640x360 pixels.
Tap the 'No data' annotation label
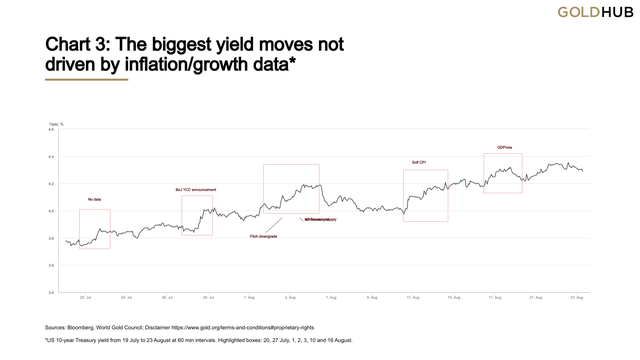coord(95,200)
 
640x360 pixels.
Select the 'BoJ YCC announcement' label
coord(196,189)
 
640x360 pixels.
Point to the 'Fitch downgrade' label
coord(263,237)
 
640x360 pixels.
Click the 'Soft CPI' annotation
coord(420,162)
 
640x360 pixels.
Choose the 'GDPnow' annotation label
coord(506,147)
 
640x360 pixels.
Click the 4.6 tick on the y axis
coord(50,129)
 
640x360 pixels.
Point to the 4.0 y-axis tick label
coord(50,211)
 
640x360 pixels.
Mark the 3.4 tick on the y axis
coord(50,293)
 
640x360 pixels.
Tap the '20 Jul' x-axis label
coord(85,298)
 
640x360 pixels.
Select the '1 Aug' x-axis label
coord(250,298)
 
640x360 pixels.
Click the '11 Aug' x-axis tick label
coord(413,298)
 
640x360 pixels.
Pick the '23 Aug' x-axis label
coord(577,298)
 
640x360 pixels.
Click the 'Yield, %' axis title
coord(56,122)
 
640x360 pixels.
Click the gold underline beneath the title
coord(86,80)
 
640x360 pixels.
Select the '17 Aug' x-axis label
coord(495,298)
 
